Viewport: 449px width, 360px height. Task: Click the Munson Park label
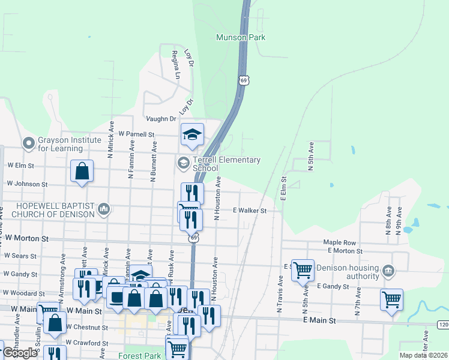pyautogui.click(x=240, y=37)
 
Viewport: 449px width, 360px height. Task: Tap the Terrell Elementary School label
pyautogui.click(x=226, y=164)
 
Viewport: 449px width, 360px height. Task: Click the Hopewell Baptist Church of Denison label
pyautogui.click(x=48, y=209)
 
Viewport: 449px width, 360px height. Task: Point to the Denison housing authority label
pyautogui.click(x=349, y=272)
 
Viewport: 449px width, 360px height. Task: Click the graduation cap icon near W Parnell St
pyautogui.click(x=192, y=136)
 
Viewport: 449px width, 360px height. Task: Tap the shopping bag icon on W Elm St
pyautogui.click(x=82, y=171)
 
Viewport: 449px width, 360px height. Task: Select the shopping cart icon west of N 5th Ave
pyautogui.click(x=303, y=270)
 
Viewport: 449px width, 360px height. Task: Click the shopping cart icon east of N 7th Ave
pyautogui.click(x=391, y=298)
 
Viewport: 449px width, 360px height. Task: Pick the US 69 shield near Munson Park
pyautogui.click(x=243, y=80)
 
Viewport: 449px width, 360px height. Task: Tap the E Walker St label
pyautogui.click(x=249, y=211)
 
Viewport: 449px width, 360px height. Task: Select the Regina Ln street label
pyautogui.click(x=175, y=65)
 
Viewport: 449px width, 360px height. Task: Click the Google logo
pyautogui.click(x=20, y=353)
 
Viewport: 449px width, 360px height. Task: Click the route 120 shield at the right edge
pyautogui.click(x=443, y=325)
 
